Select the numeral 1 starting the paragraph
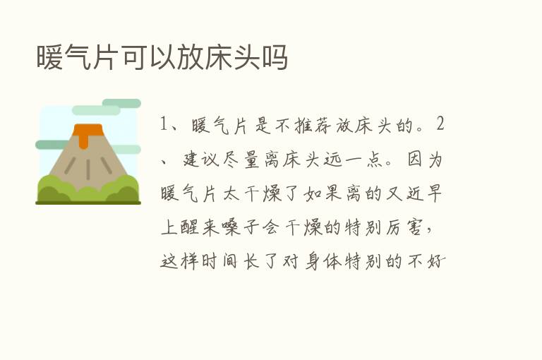[x=164, y=125]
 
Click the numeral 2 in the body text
[x=440, y=125]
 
